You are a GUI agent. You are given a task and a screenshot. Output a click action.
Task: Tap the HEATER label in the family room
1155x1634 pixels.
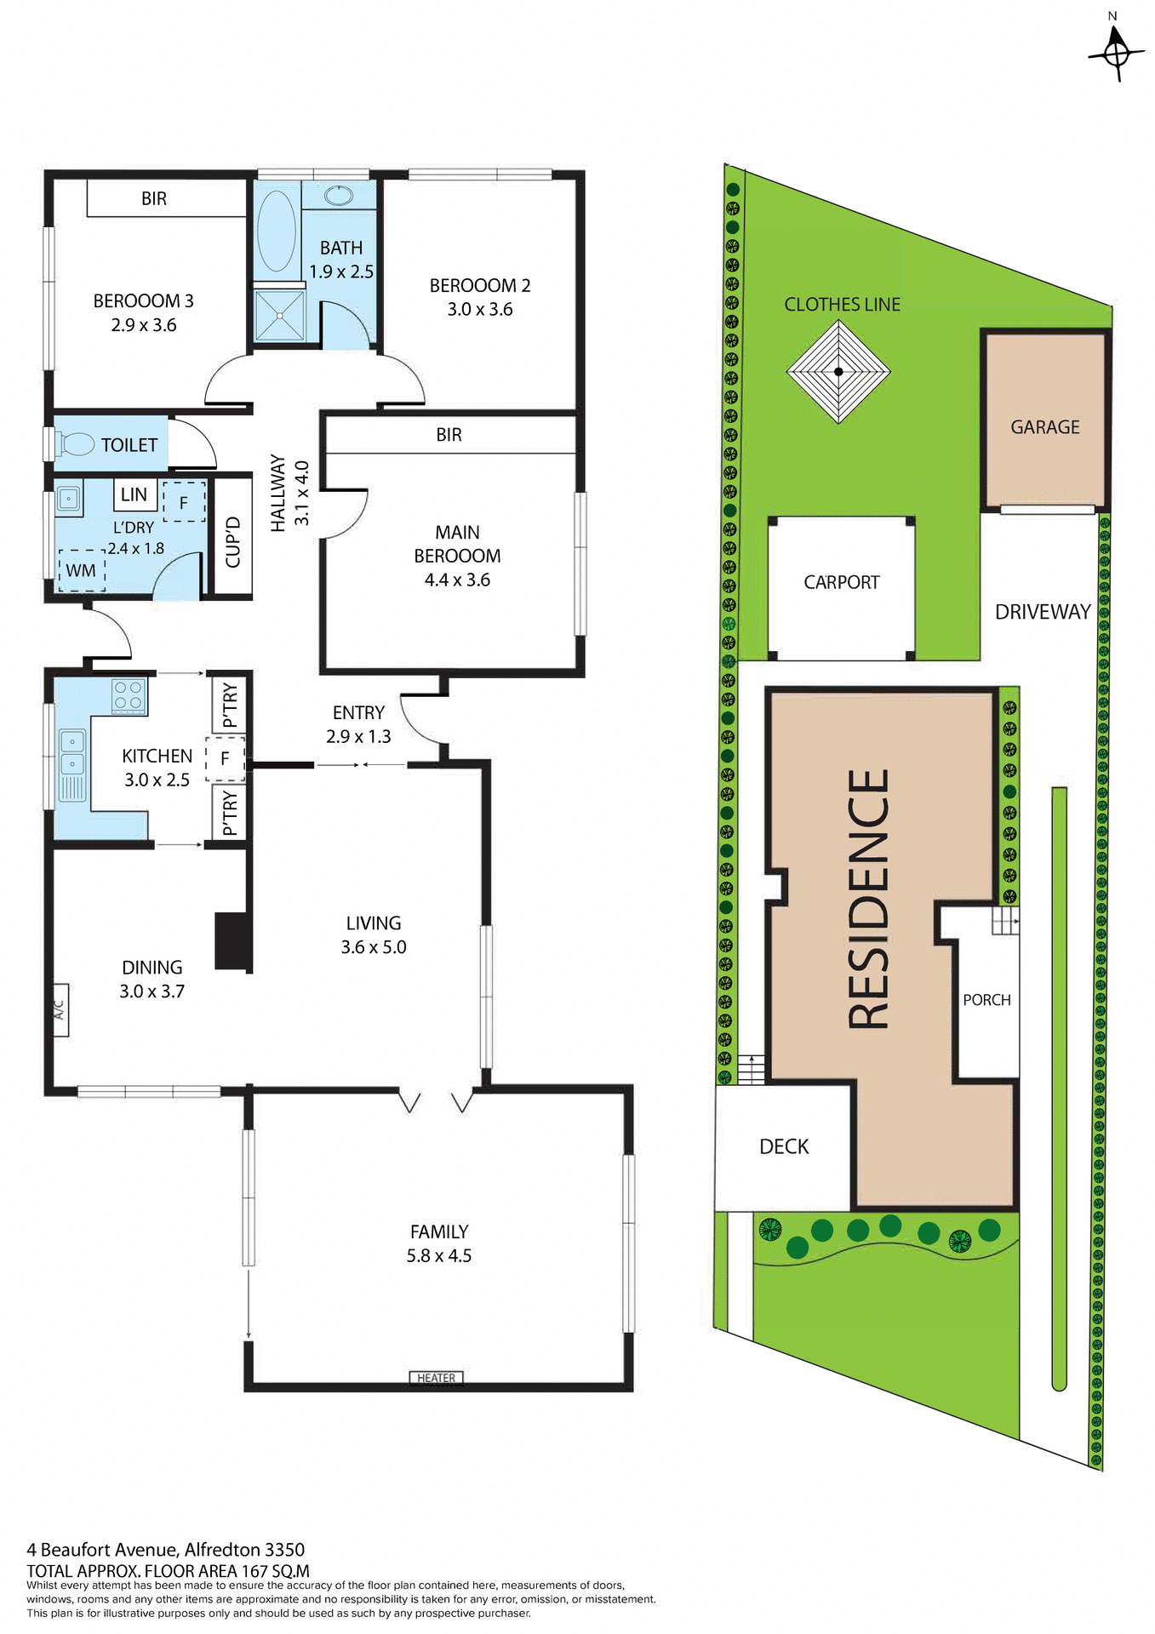pos(436,1378)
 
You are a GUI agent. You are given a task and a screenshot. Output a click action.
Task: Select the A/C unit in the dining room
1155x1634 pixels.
pos(60,1009)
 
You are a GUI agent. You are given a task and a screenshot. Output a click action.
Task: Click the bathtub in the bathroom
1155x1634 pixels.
pos(276,231)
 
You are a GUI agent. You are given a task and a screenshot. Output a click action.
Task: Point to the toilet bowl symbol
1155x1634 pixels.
pos(77,443)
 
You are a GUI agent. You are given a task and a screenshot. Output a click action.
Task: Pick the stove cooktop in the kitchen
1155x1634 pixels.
pos(129,696)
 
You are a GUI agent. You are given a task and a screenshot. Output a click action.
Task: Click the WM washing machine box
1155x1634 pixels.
pos(82,570)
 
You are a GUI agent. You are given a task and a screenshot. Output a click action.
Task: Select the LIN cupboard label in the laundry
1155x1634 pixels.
pos(134,494)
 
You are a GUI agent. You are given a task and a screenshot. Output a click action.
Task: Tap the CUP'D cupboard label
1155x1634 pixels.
pos(233,541)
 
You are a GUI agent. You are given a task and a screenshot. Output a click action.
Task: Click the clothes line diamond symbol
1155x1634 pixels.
pos(838,371)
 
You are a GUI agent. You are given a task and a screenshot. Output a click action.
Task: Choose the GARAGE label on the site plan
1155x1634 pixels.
pos(1044,427)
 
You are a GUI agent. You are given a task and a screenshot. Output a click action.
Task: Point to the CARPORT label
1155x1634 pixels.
pos(841,582)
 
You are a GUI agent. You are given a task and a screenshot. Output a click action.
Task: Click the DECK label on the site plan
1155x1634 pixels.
pos(784,1146)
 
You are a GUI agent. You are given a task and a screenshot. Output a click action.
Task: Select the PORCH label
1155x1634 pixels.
pos(986,1000)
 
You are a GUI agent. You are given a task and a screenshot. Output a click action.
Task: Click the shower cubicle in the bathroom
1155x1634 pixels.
pos(279,316)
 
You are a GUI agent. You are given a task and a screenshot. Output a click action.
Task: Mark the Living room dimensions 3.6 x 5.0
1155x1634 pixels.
pos(374,947)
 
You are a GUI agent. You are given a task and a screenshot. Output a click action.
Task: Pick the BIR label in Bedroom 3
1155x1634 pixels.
pos(154,198)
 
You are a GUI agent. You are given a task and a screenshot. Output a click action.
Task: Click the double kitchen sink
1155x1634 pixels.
pos(72,752)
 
